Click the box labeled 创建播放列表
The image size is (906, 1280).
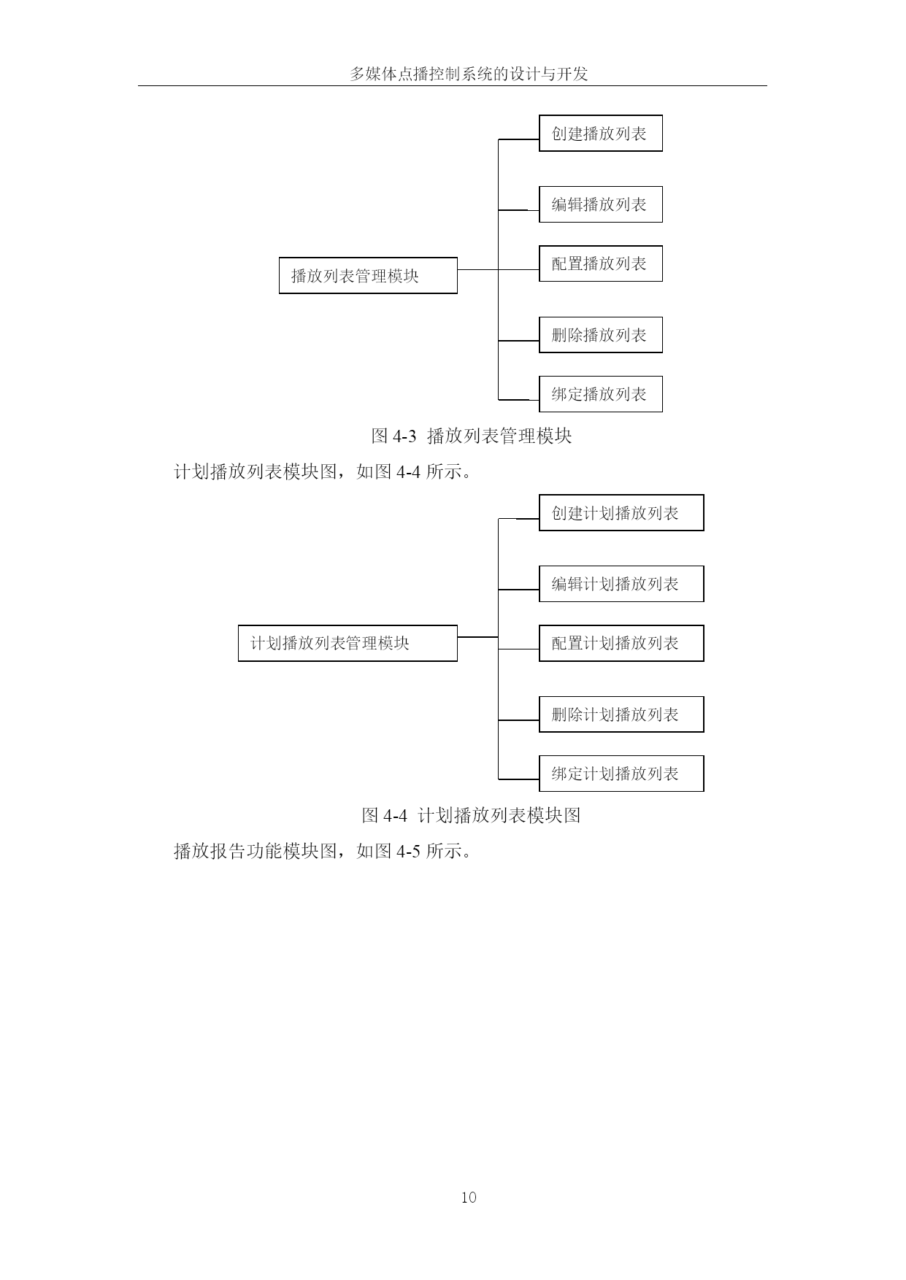[600, 133]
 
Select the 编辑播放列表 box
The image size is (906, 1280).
[600, 204]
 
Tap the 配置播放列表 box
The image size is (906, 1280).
[600, 263]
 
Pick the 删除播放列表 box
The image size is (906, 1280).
[600, 335]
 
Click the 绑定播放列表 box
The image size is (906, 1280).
[600, 394]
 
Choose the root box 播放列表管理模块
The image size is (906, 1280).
[368, 275]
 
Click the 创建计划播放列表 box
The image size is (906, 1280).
[621, 512]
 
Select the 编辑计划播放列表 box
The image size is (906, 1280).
[621, 584]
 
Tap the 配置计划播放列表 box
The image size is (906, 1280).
[621, 643]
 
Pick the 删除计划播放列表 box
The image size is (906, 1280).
[621, 714]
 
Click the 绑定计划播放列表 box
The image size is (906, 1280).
[621, 774]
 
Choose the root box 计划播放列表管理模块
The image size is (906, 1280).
[348, 643]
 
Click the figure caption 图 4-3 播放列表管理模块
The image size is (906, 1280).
[472, 436]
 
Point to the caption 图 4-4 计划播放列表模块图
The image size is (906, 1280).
[472, 815]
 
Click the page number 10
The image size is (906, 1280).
[469, 1197]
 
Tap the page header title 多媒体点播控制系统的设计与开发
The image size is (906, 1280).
[469, 74]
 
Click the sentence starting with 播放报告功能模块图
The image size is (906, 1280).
[323, 851]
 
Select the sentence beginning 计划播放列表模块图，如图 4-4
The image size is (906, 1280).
[323, 471]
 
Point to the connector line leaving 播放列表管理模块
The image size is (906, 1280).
[477, 269]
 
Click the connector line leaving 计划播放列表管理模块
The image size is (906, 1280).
[477, 637]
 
